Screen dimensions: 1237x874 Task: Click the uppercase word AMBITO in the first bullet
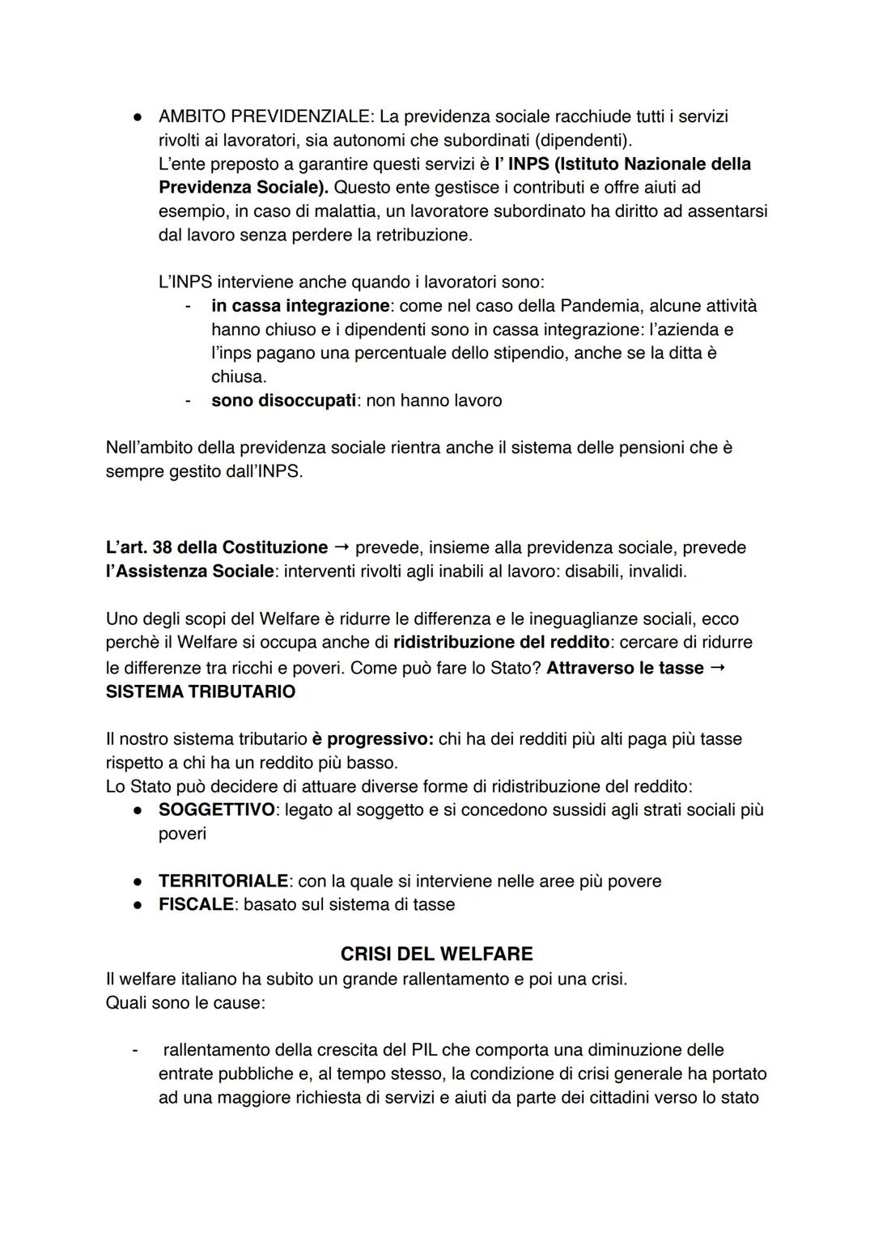186,117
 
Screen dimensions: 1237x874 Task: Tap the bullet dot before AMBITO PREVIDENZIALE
139,117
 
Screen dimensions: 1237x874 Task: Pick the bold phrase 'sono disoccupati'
283,401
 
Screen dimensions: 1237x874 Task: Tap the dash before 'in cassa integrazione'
188,306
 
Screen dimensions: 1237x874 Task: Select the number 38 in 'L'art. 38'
162,548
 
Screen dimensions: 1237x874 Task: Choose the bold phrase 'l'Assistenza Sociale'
189,572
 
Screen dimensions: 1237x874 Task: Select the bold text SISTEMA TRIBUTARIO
201,692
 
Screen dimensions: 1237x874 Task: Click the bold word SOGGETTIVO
216,810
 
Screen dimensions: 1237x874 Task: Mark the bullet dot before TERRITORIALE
139,882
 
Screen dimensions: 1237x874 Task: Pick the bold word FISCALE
196,905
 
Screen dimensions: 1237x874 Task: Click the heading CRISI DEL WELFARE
436,954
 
